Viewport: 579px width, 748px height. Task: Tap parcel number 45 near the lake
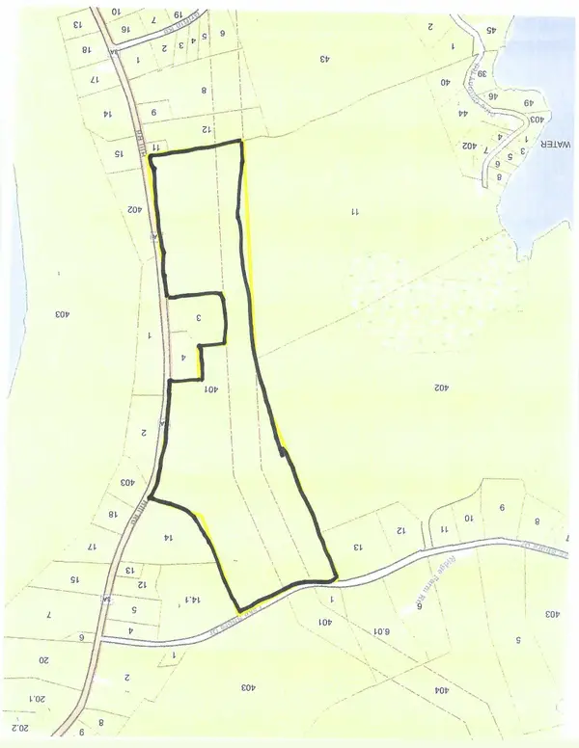coord(491,30)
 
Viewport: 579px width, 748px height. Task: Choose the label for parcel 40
coord(446,83)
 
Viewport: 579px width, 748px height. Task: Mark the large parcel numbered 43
coord(325,59)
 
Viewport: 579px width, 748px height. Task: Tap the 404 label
coord(443,690)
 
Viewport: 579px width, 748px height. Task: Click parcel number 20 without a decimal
coord(42,660)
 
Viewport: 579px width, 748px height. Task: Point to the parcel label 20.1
coord(38,697)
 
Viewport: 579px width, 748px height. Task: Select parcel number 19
coord(178,15)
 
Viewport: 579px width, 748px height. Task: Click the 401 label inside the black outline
coord(212,389)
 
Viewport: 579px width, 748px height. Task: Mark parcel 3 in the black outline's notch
coord(198,317)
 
